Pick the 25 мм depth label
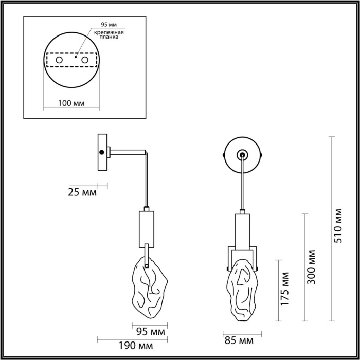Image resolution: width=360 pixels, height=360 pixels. (82, 193)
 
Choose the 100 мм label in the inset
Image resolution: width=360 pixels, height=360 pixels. (71, 103)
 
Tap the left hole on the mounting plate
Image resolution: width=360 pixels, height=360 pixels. (59, 61)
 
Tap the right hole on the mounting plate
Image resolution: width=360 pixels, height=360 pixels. (93, 61)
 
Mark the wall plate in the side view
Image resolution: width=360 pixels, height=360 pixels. (102, 152)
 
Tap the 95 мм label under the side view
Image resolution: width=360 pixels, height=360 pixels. (148, 331)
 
